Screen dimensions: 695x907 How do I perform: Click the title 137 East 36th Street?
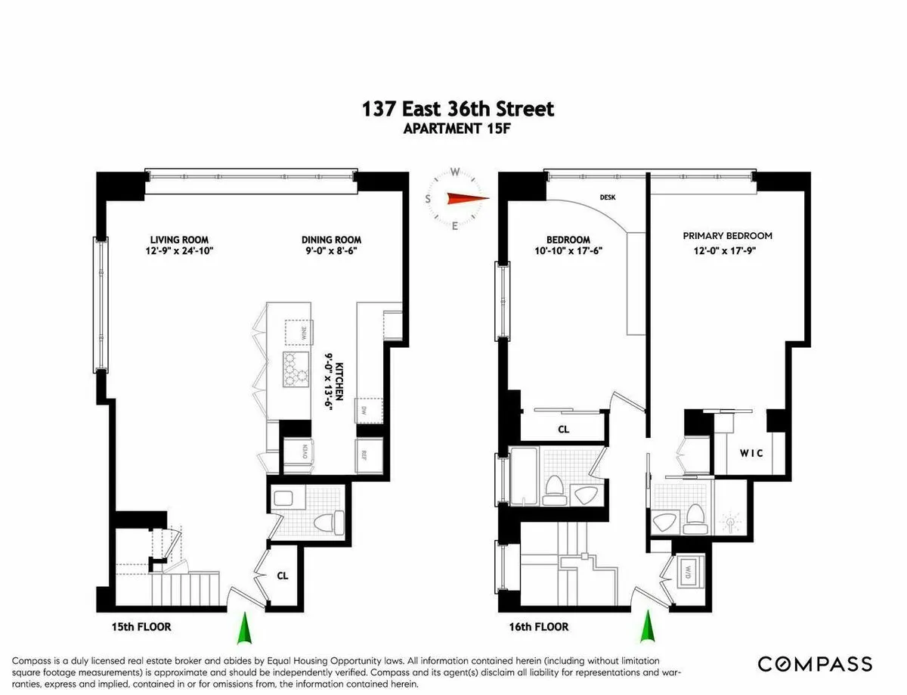[x=458, y=109]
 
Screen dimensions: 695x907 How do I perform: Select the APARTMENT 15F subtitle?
[x=458, y=129]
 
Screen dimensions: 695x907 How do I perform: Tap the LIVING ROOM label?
[x=178, y=240]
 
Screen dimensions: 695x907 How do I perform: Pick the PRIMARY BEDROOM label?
[x=727, y=236]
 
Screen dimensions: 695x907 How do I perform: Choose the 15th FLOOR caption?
[x=140, y=627]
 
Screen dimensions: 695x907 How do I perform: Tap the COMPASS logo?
[x=814, y=665]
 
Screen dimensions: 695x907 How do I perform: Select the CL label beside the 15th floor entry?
[x=282, y=576]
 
